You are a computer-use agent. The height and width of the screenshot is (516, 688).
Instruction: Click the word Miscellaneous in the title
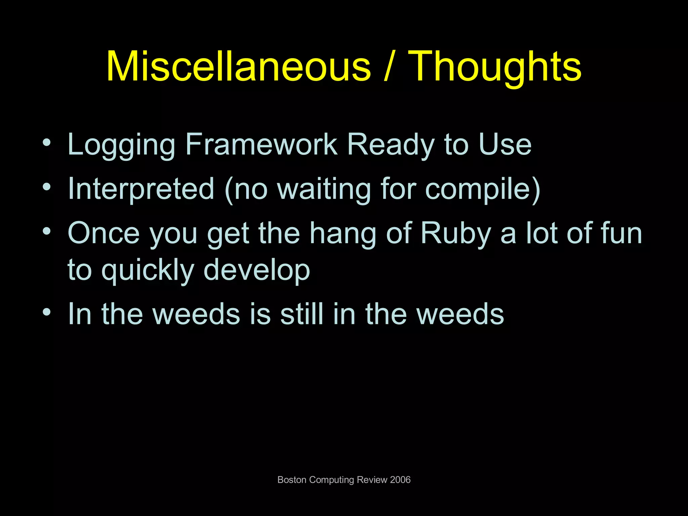[x=239, y=66]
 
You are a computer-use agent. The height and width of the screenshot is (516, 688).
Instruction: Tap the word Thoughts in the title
[x=497, y=66]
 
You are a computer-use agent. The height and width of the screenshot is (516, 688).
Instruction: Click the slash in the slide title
[x=389, y=66]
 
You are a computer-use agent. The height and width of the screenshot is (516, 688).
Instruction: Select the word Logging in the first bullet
[x=122, y=145]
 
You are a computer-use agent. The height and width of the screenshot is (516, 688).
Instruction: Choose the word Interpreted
[x=141, y=189]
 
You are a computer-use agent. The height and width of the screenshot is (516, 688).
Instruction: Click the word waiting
[x=324, y=189]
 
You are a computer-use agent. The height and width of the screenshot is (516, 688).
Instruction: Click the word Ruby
[x=456, y=233]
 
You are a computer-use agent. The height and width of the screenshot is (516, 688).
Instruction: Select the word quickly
[x=148, y=270]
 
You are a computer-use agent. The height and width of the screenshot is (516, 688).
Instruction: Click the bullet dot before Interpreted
[x=47, y=187]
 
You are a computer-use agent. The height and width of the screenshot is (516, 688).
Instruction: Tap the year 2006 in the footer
[x=400, y=480]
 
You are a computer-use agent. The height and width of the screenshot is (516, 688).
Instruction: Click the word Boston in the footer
[x=292, y=480]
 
